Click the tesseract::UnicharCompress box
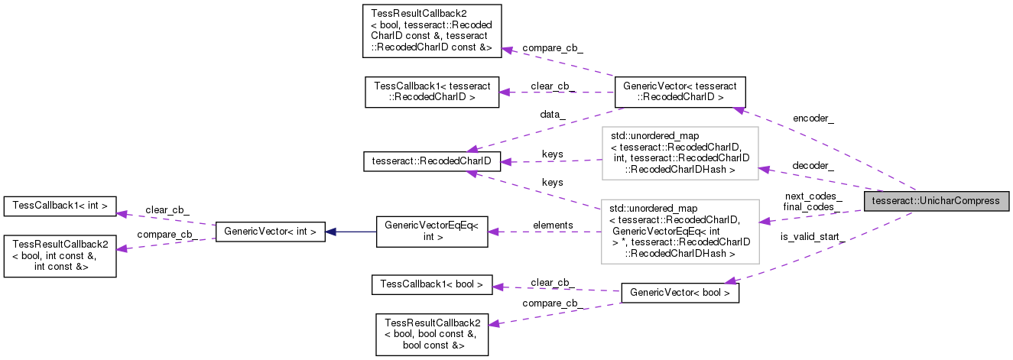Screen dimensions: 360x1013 point(937,201)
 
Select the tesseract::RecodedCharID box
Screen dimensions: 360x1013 point(431,161)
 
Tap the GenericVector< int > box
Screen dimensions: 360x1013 point(271,232)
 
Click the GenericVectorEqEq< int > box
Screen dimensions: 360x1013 point(432,232)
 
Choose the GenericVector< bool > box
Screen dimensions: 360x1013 point(680,293)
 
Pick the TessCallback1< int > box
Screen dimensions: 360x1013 point(60,205)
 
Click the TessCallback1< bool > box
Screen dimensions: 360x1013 point(431,284)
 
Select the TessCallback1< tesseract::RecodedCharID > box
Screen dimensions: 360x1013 point(432,91)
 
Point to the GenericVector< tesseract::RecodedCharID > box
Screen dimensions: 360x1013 point(680,91)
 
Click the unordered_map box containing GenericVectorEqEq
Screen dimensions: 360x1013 point(680,232)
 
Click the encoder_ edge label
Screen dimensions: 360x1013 point(813,118)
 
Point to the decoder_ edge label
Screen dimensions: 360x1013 point(813,165)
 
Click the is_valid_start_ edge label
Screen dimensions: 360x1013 point(812,237)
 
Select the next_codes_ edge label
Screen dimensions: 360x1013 point(813,196)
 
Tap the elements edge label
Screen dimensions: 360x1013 point(553,225)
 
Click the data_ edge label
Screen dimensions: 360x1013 point(552,114)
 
